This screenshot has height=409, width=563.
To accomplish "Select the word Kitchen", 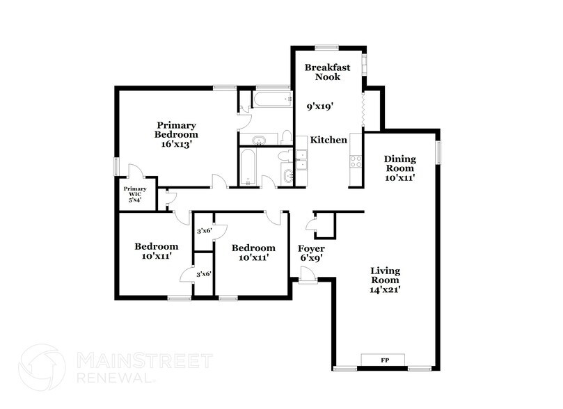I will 328,140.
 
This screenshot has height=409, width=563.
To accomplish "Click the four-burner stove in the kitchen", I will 356,162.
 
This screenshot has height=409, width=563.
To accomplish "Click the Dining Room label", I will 400,163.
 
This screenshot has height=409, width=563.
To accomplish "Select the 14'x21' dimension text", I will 388,289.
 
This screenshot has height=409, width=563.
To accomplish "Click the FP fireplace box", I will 384,360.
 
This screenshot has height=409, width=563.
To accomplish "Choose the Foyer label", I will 311,248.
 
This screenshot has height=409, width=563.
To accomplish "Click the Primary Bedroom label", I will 176,129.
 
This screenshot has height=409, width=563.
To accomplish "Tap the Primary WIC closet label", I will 135,194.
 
